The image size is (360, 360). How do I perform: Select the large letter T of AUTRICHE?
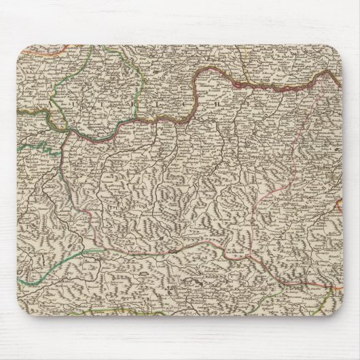155,105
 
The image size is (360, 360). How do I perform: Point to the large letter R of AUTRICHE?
185,105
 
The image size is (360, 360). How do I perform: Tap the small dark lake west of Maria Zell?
173,251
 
